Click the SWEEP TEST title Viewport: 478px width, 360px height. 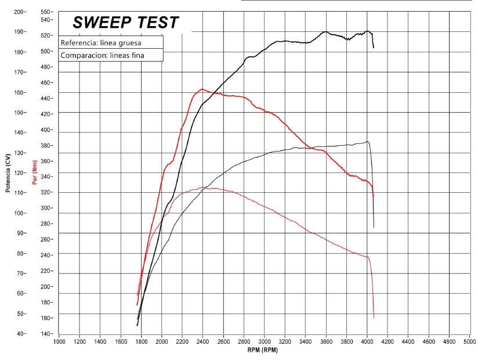point(125,23)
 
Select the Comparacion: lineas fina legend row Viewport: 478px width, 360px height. point(103,56)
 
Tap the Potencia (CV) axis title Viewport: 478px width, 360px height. point(8,173)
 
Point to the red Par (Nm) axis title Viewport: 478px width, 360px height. point(35,173)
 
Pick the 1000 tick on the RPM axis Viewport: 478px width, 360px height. point(59,342)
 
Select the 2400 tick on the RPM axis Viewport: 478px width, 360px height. point(203,342)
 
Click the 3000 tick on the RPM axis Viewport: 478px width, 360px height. point(265,342)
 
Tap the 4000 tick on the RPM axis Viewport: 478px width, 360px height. point(367,342)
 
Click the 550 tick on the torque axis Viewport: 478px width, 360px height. point(47,12)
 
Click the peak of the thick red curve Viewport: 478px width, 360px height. point(201,89)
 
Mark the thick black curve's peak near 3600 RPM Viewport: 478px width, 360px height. point(325,32)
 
